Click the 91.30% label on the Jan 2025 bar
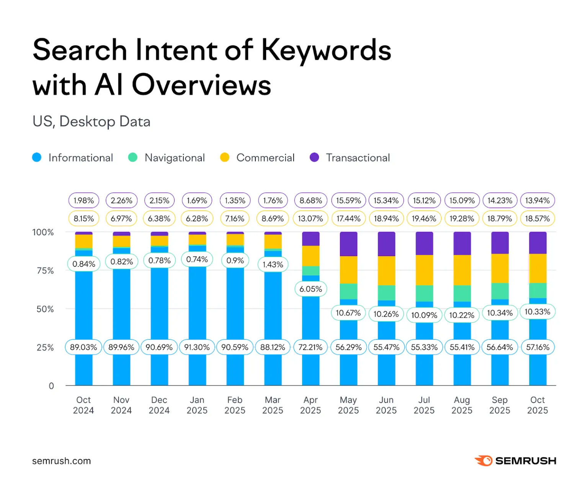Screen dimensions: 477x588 click(197, 347)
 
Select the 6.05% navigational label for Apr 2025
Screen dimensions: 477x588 click(310, 289)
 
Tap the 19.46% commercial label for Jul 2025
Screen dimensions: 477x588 click(424, 219)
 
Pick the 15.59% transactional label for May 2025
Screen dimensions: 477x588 click(348, 201)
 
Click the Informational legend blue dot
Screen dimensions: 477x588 click(37, 158)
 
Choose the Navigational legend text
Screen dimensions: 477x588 click(175, 158)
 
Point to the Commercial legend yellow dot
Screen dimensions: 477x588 click(225, 158)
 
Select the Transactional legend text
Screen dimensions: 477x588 click(358, 158)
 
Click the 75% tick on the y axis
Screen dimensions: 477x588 click(45, 271)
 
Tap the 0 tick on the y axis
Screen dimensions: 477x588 click(51, 386)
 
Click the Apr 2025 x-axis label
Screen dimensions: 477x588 click(310, 405)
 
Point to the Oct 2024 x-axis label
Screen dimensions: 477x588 click(83, 405)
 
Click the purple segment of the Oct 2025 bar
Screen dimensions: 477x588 click(537, 243)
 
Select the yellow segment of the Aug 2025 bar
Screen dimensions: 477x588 click(462, 270)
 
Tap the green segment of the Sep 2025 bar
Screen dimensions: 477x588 click(500, 291)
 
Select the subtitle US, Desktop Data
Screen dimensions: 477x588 click(91, 121)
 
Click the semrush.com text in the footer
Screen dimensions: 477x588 click(62, 461)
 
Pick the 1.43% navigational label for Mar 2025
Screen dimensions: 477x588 click(273, 265)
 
